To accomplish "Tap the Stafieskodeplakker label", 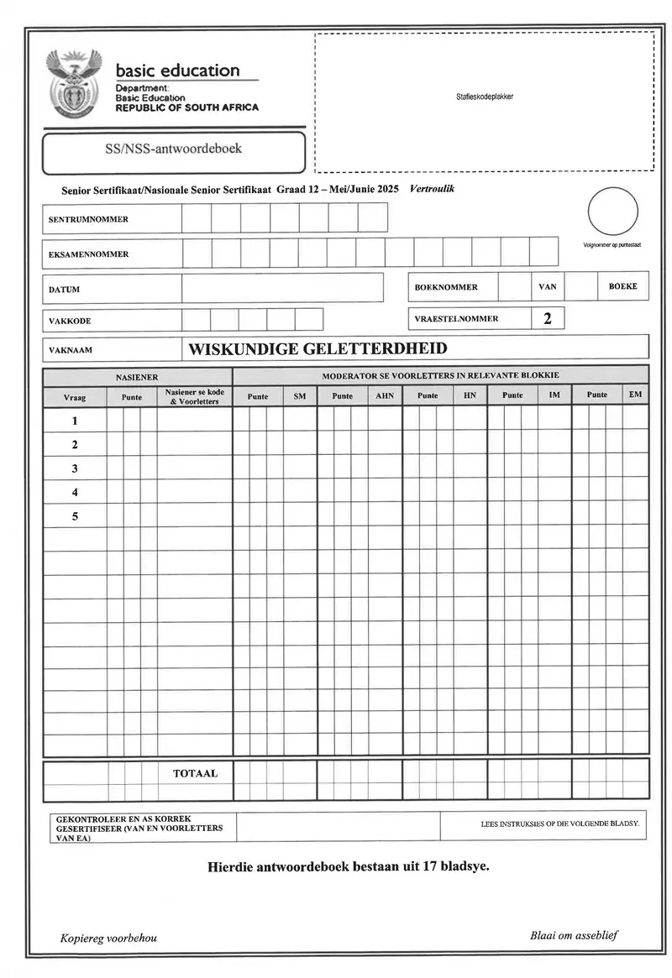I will click(x=485, y=97).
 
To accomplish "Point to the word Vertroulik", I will click(x=432, y=189).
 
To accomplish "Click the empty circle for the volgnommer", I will click(x=612, y=212).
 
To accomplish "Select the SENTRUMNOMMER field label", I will click(x=87, y=219).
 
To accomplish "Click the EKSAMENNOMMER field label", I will click(x=88, y=254).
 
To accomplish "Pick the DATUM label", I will click(x=64, y=290).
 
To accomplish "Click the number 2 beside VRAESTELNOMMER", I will click(x=548, y=318).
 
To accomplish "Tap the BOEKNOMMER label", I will click(x=446, y=287).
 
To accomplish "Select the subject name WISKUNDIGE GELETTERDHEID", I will click(x=318, y=348).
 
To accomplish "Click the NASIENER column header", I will click(x=137, y=378).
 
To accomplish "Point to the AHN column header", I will click(x=384, y=395).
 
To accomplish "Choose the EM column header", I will click(x=636, y=395).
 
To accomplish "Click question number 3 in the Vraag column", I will click(x=75, y=468).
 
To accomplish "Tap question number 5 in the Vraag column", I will click(x=75, y=516).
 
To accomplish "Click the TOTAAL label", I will click(x=195, y=773).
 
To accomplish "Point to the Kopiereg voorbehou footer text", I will click(x=108, y=938).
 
